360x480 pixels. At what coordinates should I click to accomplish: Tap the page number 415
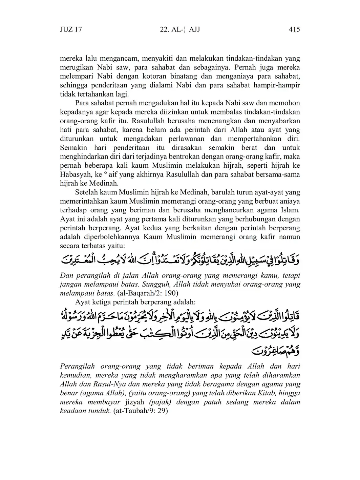pyautogui.click(x=294, y=30)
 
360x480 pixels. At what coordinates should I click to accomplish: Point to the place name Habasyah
pyautogui.click(x=75, y=174)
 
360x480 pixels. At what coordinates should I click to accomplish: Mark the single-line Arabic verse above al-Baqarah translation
pyautogui.click(x=180, y=260)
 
